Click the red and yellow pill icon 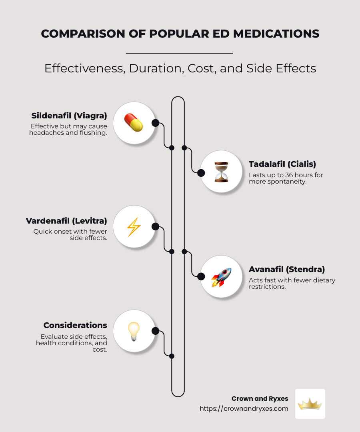point(134,123)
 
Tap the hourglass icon point(221,172)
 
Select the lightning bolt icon point(134,227)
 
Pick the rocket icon point(221,277)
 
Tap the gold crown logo point(310,404)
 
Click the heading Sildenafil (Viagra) point(69,116)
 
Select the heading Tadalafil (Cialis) point(282,164)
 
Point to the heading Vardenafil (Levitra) point(66,221)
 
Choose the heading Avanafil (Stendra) point(287,269)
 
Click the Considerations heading point(75,325)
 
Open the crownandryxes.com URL point(244,408)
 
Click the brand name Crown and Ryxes point(260,398)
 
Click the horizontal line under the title point(179,53)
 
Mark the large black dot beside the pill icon point(156,123)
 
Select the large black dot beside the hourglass point(201,173)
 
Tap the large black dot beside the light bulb point(156,331)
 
